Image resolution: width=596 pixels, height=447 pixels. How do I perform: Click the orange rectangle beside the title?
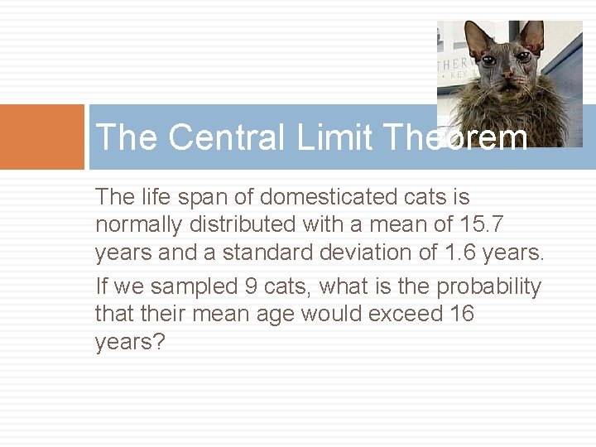point(41,137)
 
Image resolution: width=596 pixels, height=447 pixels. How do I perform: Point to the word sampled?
point(197,286)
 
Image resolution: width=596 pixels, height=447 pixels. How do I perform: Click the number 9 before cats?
point(252,286)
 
